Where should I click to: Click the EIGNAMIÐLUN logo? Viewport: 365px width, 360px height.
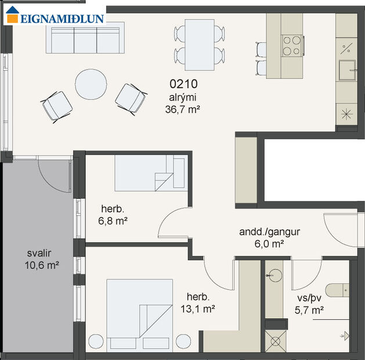click(55, 17)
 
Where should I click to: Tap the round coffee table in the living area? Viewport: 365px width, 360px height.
click(91, 86)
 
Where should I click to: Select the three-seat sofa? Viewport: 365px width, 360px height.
click(85, 38)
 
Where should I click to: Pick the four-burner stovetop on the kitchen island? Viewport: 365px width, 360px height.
click(293, 45)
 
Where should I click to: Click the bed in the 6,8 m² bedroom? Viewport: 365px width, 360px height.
click(150, 173)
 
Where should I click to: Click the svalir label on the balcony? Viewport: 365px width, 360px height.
click(39, 254)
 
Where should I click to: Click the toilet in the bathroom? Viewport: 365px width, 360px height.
click(337, 289)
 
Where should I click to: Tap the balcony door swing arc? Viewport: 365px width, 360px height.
click(53, 177)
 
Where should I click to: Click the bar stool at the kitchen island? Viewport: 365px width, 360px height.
click(259, 49)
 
